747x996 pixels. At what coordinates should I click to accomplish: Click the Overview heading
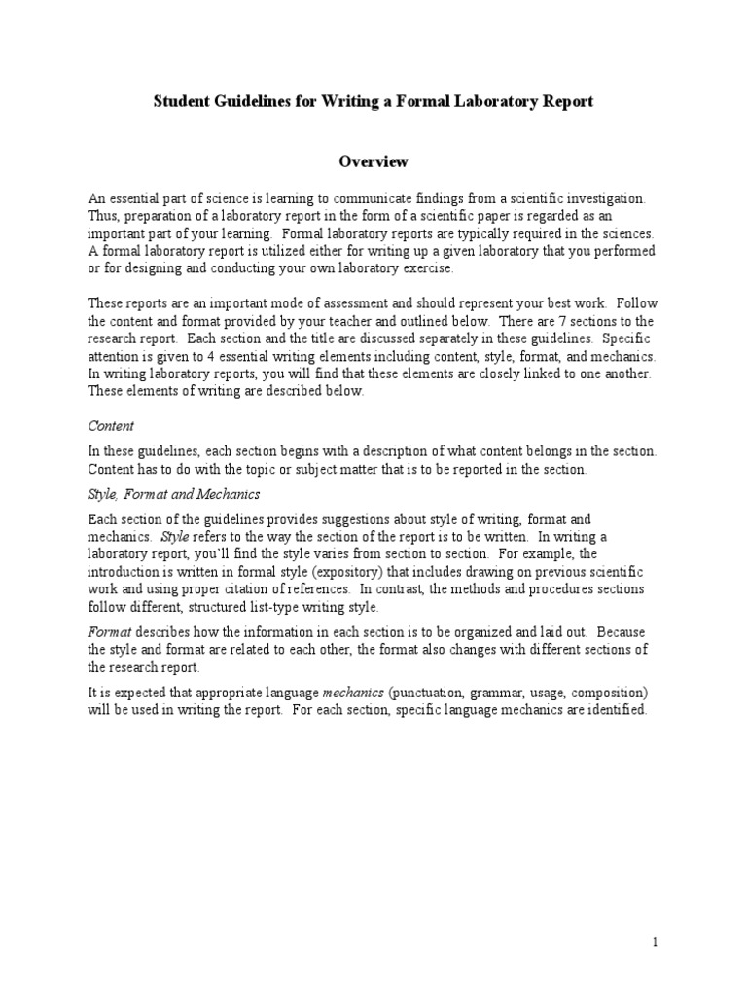(373, 160)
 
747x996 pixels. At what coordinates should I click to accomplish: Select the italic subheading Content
(111, 426)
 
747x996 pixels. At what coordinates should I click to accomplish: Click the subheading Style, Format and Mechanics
(174, 495)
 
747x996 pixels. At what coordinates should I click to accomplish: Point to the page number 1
(656, 942)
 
